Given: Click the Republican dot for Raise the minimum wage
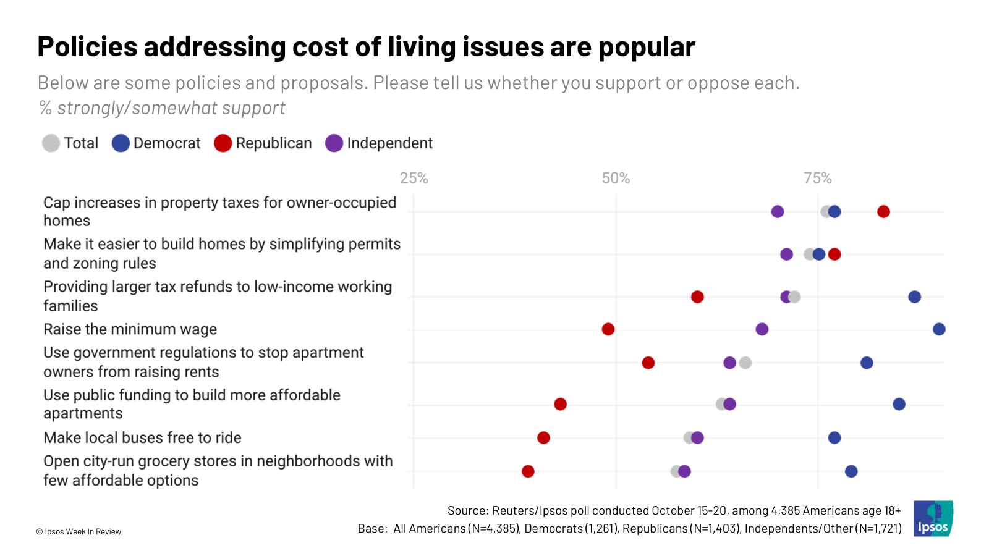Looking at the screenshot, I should [x=608, y=329].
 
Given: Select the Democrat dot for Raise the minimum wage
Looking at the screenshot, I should [x=939, y=329].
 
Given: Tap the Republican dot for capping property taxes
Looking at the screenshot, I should [x=883, y=212].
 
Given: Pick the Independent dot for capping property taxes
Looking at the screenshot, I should [x=778, y=212].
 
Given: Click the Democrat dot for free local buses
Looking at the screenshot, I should [x=834, y=438].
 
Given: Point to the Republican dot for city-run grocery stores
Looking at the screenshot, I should [x=528, y=471].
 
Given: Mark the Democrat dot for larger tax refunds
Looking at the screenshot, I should [x=914, y=297].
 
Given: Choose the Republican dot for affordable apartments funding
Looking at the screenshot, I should [x=560, y=404].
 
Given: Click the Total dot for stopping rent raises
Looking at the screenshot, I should [x=745, y=363].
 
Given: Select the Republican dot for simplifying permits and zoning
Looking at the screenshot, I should [x=834, y=254].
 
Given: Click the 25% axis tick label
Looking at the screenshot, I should [x=414, y=179].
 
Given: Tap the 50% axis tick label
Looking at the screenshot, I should [x=616, y=179].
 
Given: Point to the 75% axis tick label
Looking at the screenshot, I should [x=817, y=179].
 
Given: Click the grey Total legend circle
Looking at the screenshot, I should [x=51, y=143].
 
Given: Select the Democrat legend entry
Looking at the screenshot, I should [x=156, y=143].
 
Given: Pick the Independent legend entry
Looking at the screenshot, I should [x=379, y=143].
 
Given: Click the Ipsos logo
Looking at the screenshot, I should [x=933, y=518].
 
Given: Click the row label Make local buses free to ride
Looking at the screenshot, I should [x=142, y=438].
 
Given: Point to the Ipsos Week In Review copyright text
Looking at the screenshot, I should [x=79, y=532].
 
